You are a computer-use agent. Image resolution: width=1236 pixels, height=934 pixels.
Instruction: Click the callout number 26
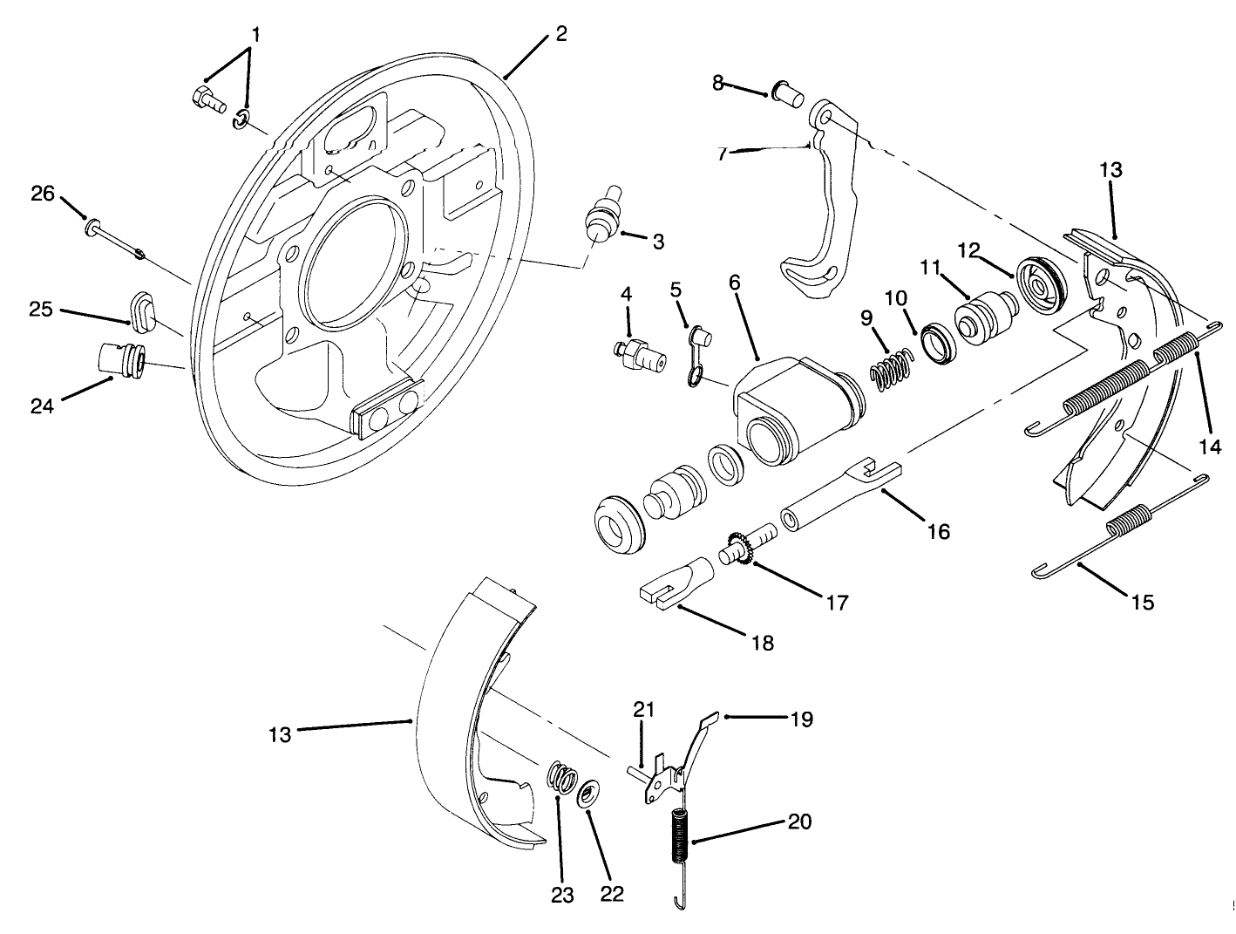point(43,194)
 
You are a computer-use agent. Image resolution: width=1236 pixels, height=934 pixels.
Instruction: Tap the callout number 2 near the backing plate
point(561,34)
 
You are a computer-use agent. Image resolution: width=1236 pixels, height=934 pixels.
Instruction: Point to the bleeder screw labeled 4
point(638,352)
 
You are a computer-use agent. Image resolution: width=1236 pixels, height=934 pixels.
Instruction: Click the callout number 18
point(762,643)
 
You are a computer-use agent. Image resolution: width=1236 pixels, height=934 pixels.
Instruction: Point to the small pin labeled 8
point(787,92)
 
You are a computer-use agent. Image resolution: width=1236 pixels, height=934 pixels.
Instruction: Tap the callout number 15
point(1142,601)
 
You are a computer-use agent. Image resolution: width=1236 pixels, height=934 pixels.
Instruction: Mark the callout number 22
point(612,895)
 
